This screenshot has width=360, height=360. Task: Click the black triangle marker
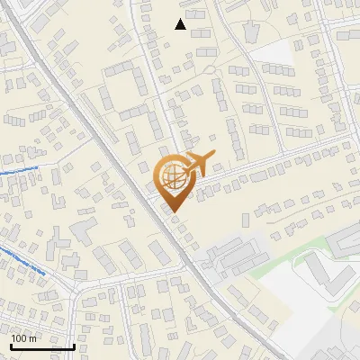181,24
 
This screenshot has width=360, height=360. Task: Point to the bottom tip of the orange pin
173,212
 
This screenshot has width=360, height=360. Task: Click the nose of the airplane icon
211,157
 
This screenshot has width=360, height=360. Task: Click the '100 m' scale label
23,338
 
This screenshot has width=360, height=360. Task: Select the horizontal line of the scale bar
42,346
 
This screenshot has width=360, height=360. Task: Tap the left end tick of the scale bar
11,345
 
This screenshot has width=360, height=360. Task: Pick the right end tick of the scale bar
74,345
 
